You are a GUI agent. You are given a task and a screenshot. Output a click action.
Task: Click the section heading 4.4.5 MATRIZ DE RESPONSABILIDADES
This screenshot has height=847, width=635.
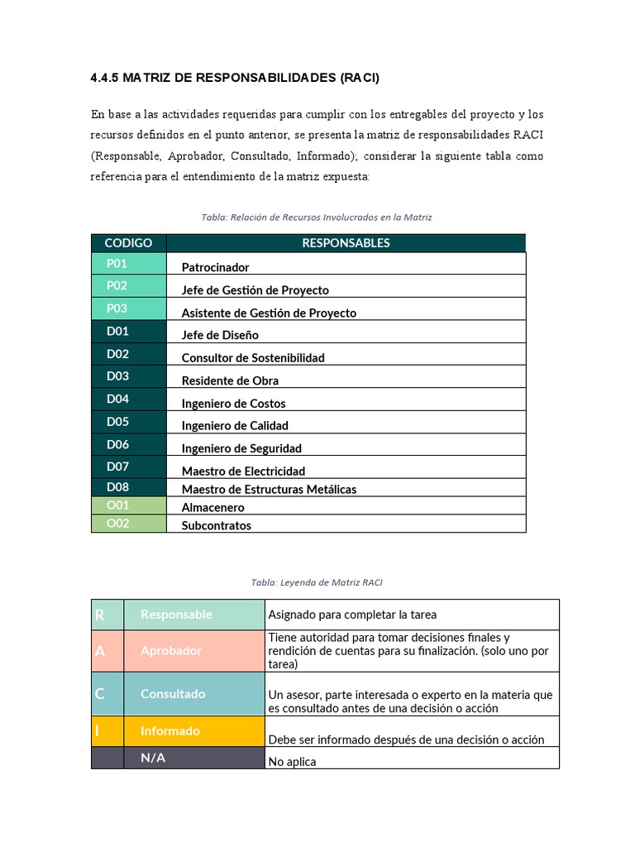pyautogui.click(x=234, y=79)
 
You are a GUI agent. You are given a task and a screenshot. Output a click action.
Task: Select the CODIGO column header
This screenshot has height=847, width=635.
pyautogui.click(x=128, y=242)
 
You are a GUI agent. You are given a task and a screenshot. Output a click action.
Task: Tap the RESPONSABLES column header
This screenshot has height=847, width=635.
pyautogui.click(x=346, y=242)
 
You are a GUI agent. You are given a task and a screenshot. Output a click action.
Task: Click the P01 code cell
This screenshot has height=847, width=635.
pyautogui.click(x=128, y=263)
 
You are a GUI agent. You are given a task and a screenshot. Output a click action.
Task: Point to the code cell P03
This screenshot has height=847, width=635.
pyautogui.click(x=128, y=309)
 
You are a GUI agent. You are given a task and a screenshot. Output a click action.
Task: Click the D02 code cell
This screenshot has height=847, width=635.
pyautogui.click(x=128, y=354)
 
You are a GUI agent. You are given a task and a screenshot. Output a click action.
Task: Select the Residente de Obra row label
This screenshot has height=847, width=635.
pyautogui.click(x=230, y=380)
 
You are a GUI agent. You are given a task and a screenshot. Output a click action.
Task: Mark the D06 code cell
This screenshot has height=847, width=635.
pyautogui.click(x=128, y=444)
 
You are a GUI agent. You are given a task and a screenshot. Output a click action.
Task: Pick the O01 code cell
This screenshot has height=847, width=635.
pyautogui.click(x=128, y=505)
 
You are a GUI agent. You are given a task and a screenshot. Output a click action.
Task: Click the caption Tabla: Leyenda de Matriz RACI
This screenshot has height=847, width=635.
pyautogui.click(x=317, y=582)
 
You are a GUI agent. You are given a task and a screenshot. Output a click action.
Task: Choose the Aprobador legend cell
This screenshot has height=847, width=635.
pyautogui.click(x=193, y=651)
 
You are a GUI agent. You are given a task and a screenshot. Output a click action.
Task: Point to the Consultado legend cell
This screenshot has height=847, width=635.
pyautogui.click(x=193, y=694)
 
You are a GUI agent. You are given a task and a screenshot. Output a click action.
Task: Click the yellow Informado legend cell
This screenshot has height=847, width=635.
pyautogui.click(x=193, y=731)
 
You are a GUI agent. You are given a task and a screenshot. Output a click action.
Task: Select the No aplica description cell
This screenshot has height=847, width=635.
pyautogui.click(x=412, y=761)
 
